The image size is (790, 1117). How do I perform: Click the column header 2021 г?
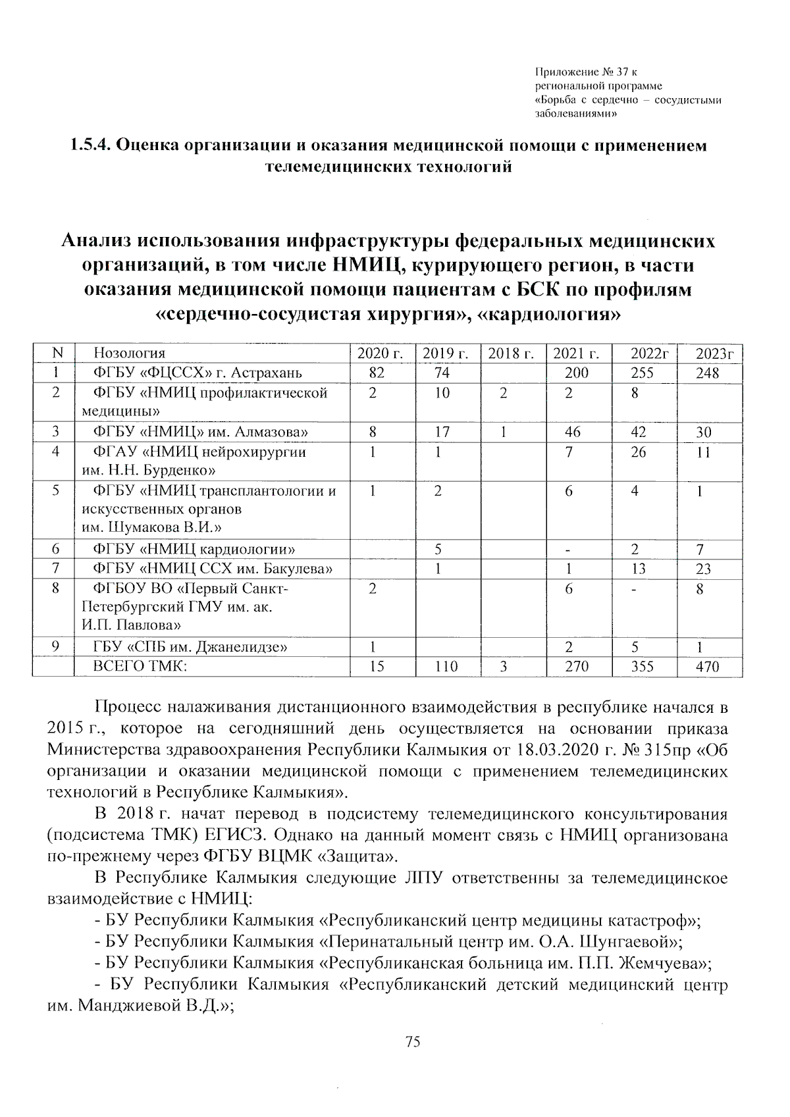pos(576,353)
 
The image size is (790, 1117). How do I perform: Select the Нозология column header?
pos(130,353)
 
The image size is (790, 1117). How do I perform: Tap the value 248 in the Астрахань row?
pos(707,373)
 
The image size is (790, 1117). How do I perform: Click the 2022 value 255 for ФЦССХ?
pos(642,373)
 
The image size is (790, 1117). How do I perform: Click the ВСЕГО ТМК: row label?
pos(140,667)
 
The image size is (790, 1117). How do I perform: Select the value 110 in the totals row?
pos(446,667)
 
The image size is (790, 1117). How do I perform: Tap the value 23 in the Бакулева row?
pos(703,569)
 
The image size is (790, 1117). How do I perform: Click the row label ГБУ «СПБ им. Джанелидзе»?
pos(190,647)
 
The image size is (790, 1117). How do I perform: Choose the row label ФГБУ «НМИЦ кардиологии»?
pos(194,550)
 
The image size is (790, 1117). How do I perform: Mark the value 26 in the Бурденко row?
pos(638,453)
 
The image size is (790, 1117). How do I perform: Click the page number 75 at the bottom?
pos(413,1041)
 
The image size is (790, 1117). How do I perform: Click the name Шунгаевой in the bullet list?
pos(626,940)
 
